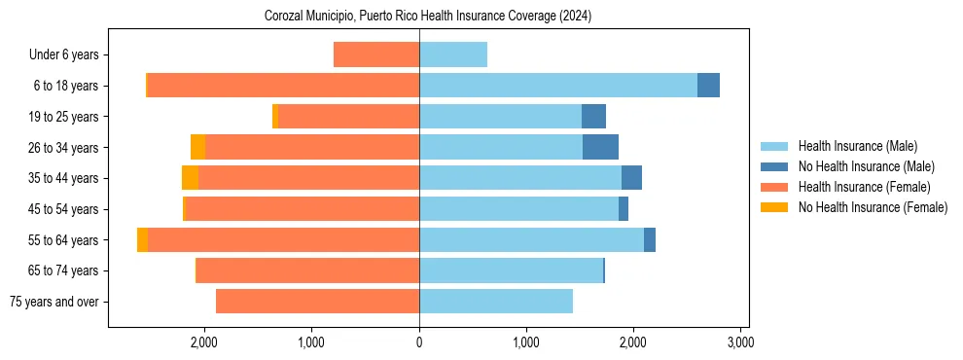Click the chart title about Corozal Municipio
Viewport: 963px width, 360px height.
(428, 17)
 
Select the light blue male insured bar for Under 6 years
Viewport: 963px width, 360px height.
(453, 54)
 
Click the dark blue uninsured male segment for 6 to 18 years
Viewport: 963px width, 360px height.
(708, 86)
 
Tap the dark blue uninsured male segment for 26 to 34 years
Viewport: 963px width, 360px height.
(600, 147)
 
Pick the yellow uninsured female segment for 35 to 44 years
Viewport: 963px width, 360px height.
(190, 178)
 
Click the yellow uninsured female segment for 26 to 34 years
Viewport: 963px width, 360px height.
(197, 147)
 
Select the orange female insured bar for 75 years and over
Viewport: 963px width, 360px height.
(317, 302)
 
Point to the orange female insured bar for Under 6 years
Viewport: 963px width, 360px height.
(376, 54)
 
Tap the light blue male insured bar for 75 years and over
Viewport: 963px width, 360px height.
(496, 302)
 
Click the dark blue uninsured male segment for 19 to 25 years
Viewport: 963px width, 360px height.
(593, 117)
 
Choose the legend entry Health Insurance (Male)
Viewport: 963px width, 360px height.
(857, 146)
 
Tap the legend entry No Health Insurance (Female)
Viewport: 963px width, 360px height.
(873, 207)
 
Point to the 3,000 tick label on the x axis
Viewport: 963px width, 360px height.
(740, 342)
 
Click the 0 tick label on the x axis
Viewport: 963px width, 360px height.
(419, 342)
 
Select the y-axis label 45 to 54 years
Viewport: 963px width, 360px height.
(64, 209)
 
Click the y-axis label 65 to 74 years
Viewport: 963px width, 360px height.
(64, 270)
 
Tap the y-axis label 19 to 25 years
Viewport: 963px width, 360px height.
(64, 117)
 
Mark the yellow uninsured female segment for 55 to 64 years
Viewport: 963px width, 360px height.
(142, 240)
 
